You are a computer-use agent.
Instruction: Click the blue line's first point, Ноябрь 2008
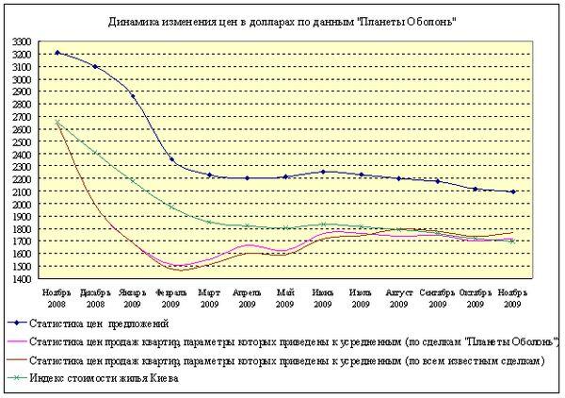click(x=57, y=53)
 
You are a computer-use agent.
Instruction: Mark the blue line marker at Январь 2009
click(x=133, y=96)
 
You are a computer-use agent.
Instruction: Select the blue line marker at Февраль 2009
click(x=171, y=159)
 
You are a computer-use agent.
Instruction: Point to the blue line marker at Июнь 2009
click(x=323, y=172)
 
